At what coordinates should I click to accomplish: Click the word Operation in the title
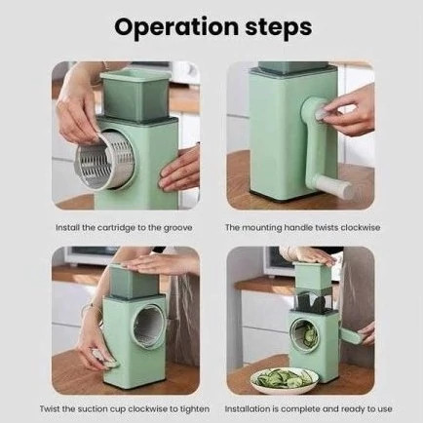tap(176, 27)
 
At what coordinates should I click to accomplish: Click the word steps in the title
tap(279, 27)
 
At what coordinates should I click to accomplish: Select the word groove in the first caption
tap(177, 228)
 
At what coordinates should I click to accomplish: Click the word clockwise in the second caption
tap(360, 227)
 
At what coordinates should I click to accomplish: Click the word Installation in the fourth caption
tap(248, 408)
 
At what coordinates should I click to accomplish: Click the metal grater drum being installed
tap(105, 161)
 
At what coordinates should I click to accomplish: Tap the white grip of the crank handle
tap(336, 186)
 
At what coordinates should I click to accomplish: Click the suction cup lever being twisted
tap(104, 359)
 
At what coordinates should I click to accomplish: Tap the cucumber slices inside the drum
tap(307, 335)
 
